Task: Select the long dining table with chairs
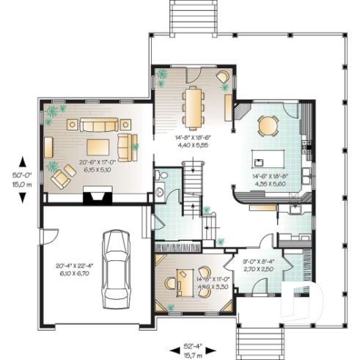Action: pos(193,107)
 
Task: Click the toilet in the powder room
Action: pos(161,176)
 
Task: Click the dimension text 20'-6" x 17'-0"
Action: pos(97,164)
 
